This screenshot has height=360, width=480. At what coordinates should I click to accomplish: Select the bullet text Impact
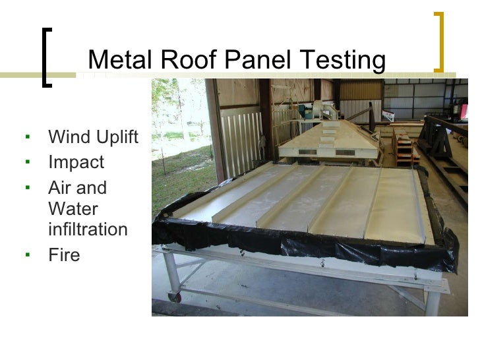point(76,162)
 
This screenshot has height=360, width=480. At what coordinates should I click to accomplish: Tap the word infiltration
point(88,229)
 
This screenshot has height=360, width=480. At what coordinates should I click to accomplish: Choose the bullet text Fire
point(64,254)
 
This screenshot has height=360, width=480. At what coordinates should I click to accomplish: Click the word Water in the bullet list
point(73,209)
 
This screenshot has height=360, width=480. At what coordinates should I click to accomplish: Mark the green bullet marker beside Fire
point(28,254)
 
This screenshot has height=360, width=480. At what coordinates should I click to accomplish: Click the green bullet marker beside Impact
point(28,162)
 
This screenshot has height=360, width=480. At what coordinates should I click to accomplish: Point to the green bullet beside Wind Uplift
point(28,137)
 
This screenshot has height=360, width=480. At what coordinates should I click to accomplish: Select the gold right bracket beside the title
point(438,41)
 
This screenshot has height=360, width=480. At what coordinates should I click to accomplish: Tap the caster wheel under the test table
point(175,297)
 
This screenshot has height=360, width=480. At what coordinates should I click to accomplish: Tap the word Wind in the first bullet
point(67,137)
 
